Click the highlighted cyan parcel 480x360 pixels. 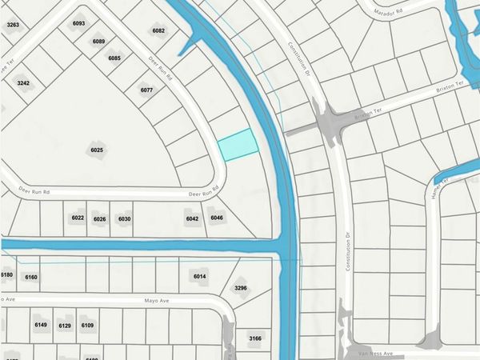point(238,145)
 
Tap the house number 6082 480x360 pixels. point(158,30)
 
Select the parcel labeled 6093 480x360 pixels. point(78,23)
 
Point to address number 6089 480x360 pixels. point(98,41)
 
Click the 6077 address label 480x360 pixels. point(146,90)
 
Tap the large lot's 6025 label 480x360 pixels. point(98,150)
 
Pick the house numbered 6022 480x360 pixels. point(78,218)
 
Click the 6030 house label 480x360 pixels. point(124,218)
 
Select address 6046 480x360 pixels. point(218,218)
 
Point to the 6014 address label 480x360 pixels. point(199,276)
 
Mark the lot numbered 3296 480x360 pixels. point(241,288)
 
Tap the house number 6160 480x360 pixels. point(31,277)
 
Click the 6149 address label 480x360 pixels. point(42,325)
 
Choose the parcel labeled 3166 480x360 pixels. point(255,338)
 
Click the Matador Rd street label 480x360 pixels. point(394,11)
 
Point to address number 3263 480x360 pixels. point(13,25)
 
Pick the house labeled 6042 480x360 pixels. point(192,218)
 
